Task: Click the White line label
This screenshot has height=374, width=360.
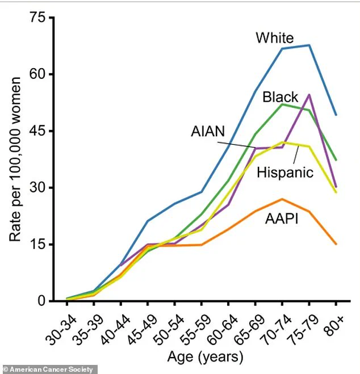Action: [274, 39]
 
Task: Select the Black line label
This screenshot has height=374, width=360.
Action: [280, 97]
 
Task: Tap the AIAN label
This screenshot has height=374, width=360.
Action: [208, 131]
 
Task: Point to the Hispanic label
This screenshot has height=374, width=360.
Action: [285, 172]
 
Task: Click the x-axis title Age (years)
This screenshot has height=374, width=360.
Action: [205, 357]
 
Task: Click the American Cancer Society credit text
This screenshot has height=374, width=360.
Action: [49, 369]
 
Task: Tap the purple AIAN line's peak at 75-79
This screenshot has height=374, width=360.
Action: [309, 95]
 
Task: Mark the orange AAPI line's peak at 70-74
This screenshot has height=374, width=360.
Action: [282, 199]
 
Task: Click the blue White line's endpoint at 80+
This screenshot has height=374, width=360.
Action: [336, 115]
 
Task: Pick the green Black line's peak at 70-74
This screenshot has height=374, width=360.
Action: [282, 104]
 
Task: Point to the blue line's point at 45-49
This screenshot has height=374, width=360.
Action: [147, 221]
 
